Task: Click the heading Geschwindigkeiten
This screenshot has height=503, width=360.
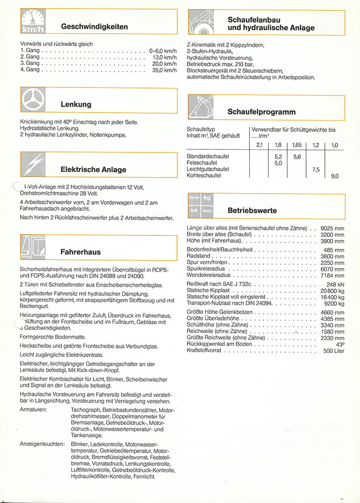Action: (x=94, y=26)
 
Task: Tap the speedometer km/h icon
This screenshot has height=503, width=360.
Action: (x=34, y=22)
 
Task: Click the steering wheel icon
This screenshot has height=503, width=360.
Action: (x=34, y=101)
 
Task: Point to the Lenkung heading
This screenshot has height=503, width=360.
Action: (x=75, y=105)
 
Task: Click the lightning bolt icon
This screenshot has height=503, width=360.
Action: (x=34, y=165)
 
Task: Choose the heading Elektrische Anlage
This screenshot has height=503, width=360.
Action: (x=93, y=170)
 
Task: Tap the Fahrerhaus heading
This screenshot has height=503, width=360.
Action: (x=80, y=251)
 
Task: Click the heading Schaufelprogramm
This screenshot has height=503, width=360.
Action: (x=261, y=112)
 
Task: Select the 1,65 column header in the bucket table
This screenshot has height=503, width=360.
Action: (x=296, y=145)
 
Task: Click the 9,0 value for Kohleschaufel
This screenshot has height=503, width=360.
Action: (x=335, y=176)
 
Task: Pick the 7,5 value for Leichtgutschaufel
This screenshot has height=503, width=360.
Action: (x=316, y=170)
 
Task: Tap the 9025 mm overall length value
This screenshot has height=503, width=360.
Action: (x=332, y=228)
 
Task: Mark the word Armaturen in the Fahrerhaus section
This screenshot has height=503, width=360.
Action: (x=34, y=410)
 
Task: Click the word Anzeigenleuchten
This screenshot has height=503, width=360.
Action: (x=42, y=444)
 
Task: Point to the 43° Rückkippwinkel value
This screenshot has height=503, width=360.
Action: (x=340, y=345)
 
